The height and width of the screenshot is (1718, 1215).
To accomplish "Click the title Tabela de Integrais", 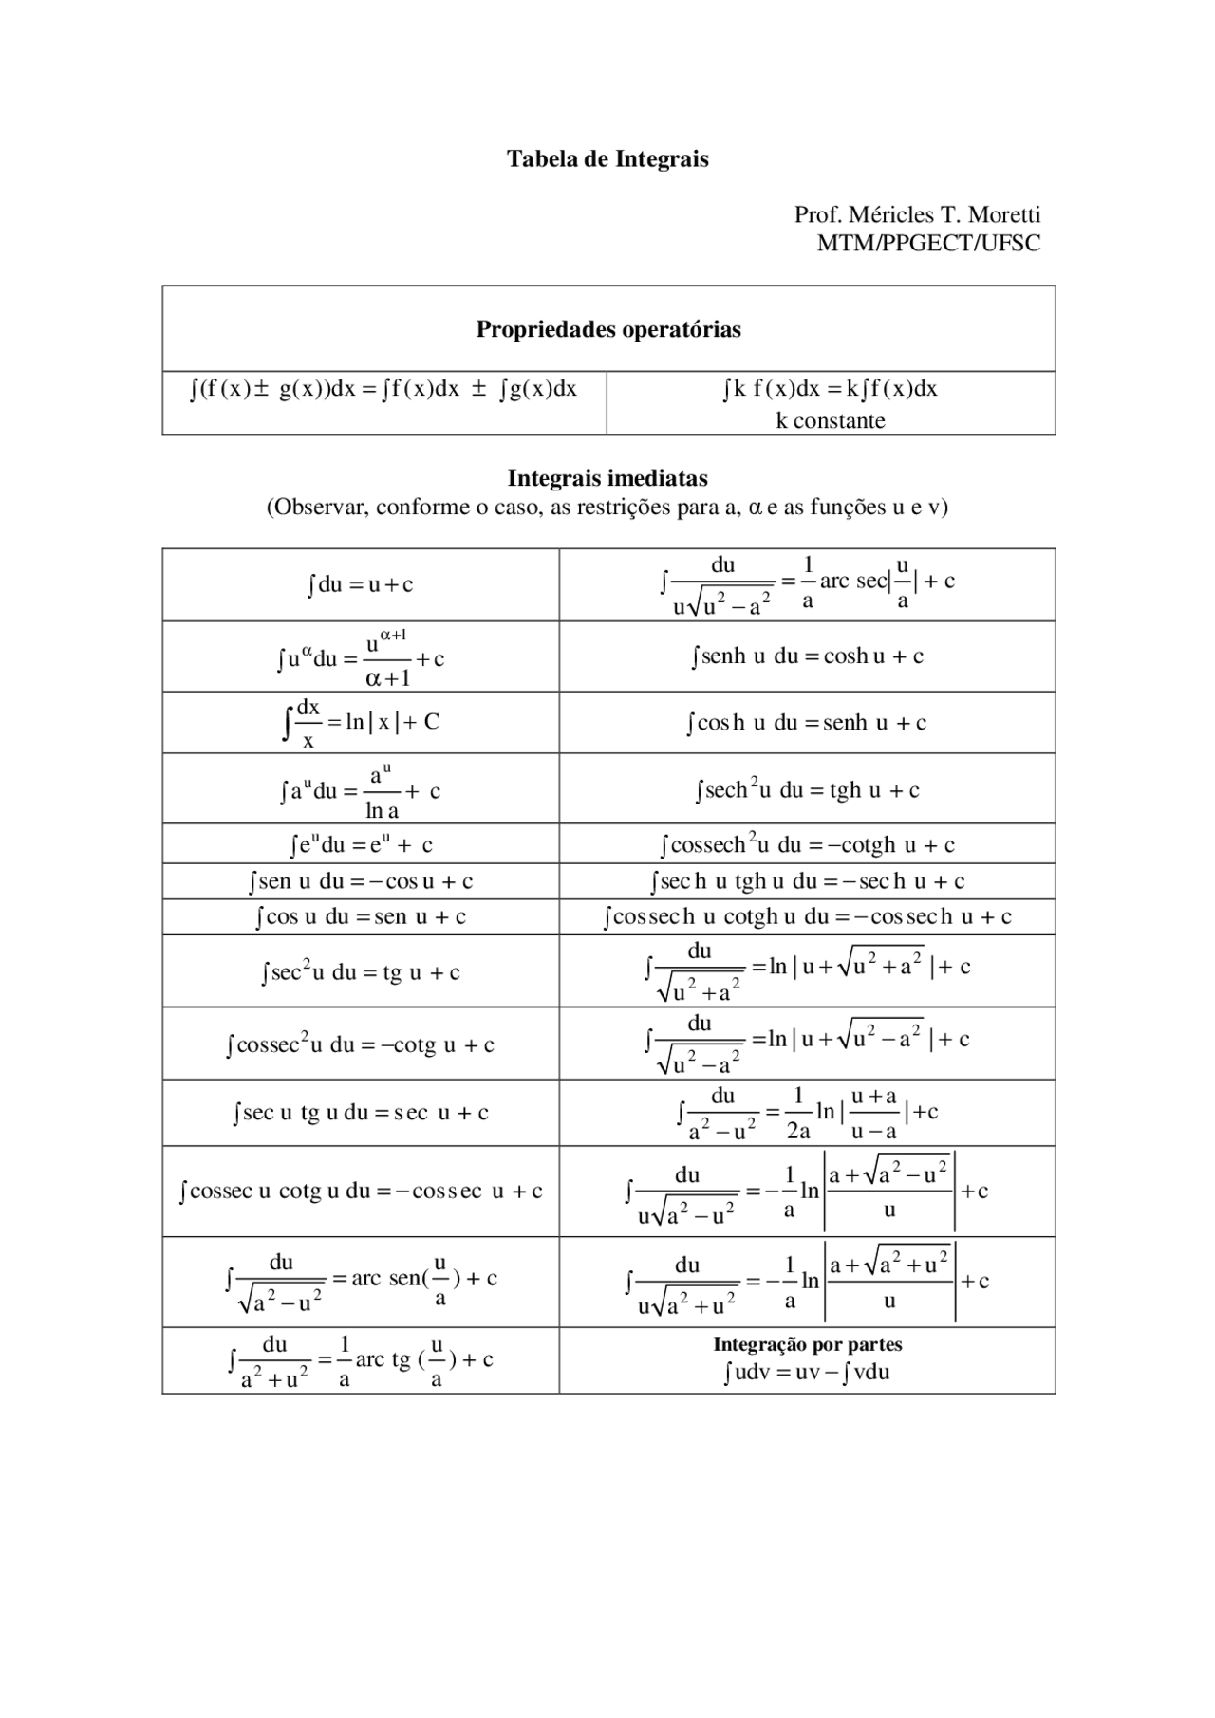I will [x=607, y=158].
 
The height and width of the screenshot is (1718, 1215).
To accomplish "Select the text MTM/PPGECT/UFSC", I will [x=928, y=243].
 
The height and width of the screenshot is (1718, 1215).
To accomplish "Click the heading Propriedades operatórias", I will [x=607, y=329].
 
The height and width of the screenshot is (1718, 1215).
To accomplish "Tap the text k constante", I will [x=830, y=420].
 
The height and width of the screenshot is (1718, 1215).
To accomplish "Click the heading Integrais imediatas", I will [x=607, y=478].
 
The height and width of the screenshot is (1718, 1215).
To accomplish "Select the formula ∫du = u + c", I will [x=361, y=584].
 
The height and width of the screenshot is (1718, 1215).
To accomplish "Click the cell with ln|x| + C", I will [x=361, y=723].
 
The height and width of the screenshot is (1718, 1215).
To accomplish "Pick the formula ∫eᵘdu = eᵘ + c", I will [x=361, y=843].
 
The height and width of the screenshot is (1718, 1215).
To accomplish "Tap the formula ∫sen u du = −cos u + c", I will [x=361, y=881].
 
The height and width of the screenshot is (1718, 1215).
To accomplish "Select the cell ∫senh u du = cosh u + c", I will [x=807, y=656].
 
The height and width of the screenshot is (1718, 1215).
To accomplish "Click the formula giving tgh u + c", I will [x=807, y=790].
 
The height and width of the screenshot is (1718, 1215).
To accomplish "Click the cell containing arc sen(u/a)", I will [x=361, y=1281].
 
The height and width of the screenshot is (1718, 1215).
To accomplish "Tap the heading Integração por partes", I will [x=807, y=1344].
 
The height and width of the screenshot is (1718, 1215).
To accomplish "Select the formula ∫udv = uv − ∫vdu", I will [x=807, y=1372].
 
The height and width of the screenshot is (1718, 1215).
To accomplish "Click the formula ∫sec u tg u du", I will [x=361, y=1113].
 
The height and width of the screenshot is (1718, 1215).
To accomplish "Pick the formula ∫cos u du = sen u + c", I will [x=361, y=917].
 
